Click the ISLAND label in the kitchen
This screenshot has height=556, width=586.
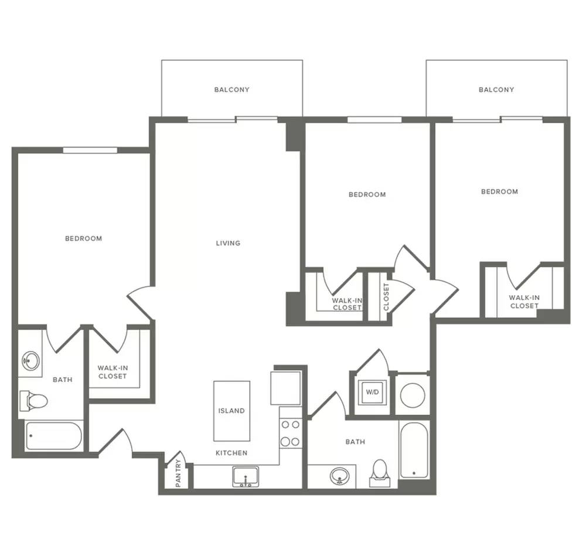(231, 411)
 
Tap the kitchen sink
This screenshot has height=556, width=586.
(246, 477)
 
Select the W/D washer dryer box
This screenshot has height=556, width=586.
(372, 393)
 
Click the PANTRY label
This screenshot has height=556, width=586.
(178, 473)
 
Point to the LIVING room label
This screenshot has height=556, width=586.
(228, 243)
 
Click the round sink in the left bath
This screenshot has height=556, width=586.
(31, 361)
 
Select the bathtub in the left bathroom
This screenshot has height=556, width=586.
(53, 436)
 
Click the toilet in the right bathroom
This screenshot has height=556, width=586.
(380, 473)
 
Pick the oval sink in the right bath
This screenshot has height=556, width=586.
(340, 476)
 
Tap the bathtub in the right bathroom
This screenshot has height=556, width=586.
(414, 450)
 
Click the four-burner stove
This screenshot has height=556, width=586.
(291, 433)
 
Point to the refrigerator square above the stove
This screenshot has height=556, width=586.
(285, 388)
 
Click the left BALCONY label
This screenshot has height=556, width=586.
(231, 90)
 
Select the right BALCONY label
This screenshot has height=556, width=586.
(496, 90)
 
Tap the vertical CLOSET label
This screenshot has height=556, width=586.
(386, 296)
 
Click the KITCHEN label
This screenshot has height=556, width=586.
(231, 453)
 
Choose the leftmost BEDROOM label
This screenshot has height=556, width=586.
(83, 238)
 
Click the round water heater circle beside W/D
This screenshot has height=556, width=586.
(413, 395)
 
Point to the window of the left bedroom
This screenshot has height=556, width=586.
(90, 150)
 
